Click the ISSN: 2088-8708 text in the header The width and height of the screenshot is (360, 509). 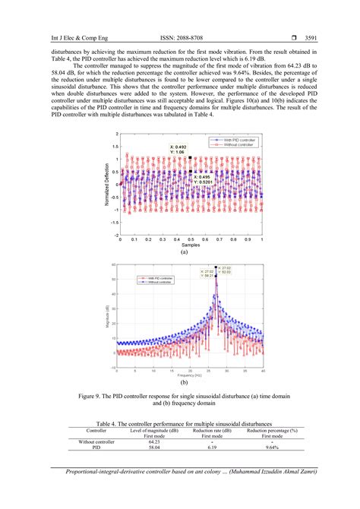pyautogui.click(x=180, y=36)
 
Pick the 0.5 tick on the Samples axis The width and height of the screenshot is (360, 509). pyautogui.click(x=191, y=239)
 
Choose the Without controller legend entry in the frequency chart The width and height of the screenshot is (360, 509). pyautogui.click(x=158, y=283)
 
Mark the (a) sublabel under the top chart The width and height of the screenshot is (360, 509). pyautogui.click(x=184, y=252)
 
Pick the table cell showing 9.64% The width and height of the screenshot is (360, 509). pyautogui.click(x=271, y=447)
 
